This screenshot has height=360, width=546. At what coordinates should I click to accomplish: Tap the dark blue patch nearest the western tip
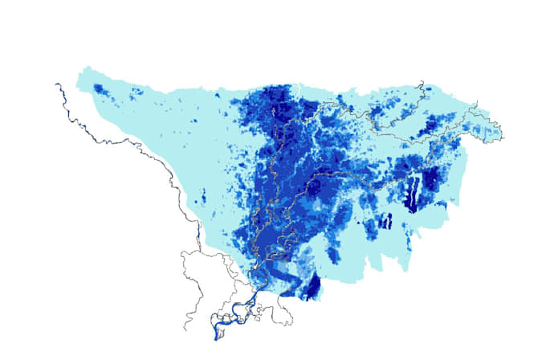coord(99,88)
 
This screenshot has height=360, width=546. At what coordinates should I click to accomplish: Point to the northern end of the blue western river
coord(56,84)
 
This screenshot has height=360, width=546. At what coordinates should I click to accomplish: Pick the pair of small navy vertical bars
coord(385,221)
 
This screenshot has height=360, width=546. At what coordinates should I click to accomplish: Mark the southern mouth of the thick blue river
coord(215,336)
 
